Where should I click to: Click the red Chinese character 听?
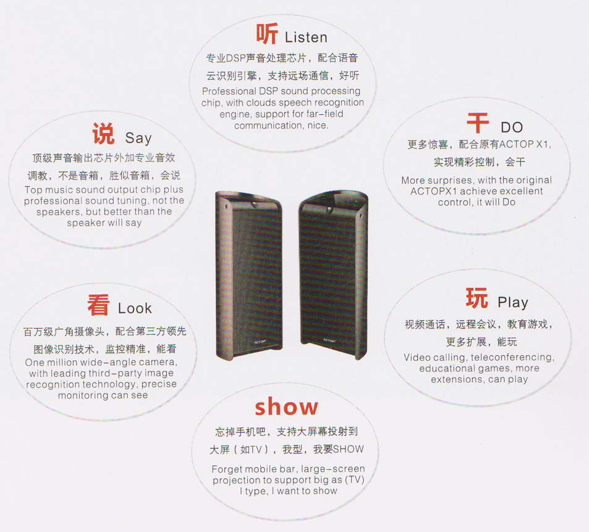pyautogui.click(x=267, y=33)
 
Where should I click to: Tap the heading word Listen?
pyautogui.click(x=306, y=37)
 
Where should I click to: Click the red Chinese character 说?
pyautogui.click(x=103, y=133)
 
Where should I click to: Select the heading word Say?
pyautogui.click(x=138, y=138)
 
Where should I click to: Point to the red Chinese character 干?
pyautogui.click(x=478, y=123)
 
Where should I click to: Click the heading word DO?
pyautogui.click(x=512, y=127)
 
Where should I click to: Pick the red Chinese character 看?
pyautogui.click(x=98, y=305)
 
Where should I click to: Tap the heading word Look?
pyautogui.click(x=135, y=308)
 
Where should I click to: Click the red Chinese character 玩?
pyautogui.click(x=477, y=298)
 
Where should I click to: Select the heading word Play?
pyautogui.click(x=513, y=302)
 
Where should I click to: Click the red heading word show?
pyautogui.click(x=287, y=407)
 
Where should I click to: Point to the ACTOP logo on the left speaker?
pyautogui.click(x=260, y=342)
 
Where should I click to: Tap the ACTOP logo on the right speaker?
pyautogui.click(x=329, y=340)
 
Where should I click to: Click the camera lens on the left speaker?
pyautogui.click(x=254, y=205)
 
